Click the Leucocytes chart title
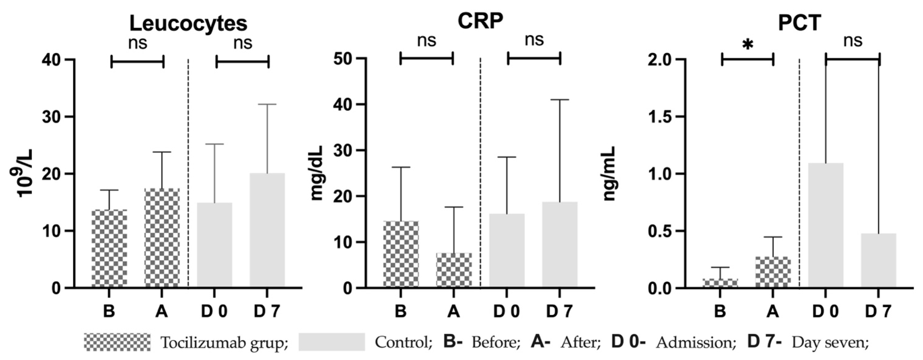188,24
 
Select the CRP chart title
480,22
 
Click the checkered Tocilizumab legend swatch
118,342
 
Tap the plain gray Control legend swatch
331,342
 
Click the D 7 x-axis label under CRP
560,312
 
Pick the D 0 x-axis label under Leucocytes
214,312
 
